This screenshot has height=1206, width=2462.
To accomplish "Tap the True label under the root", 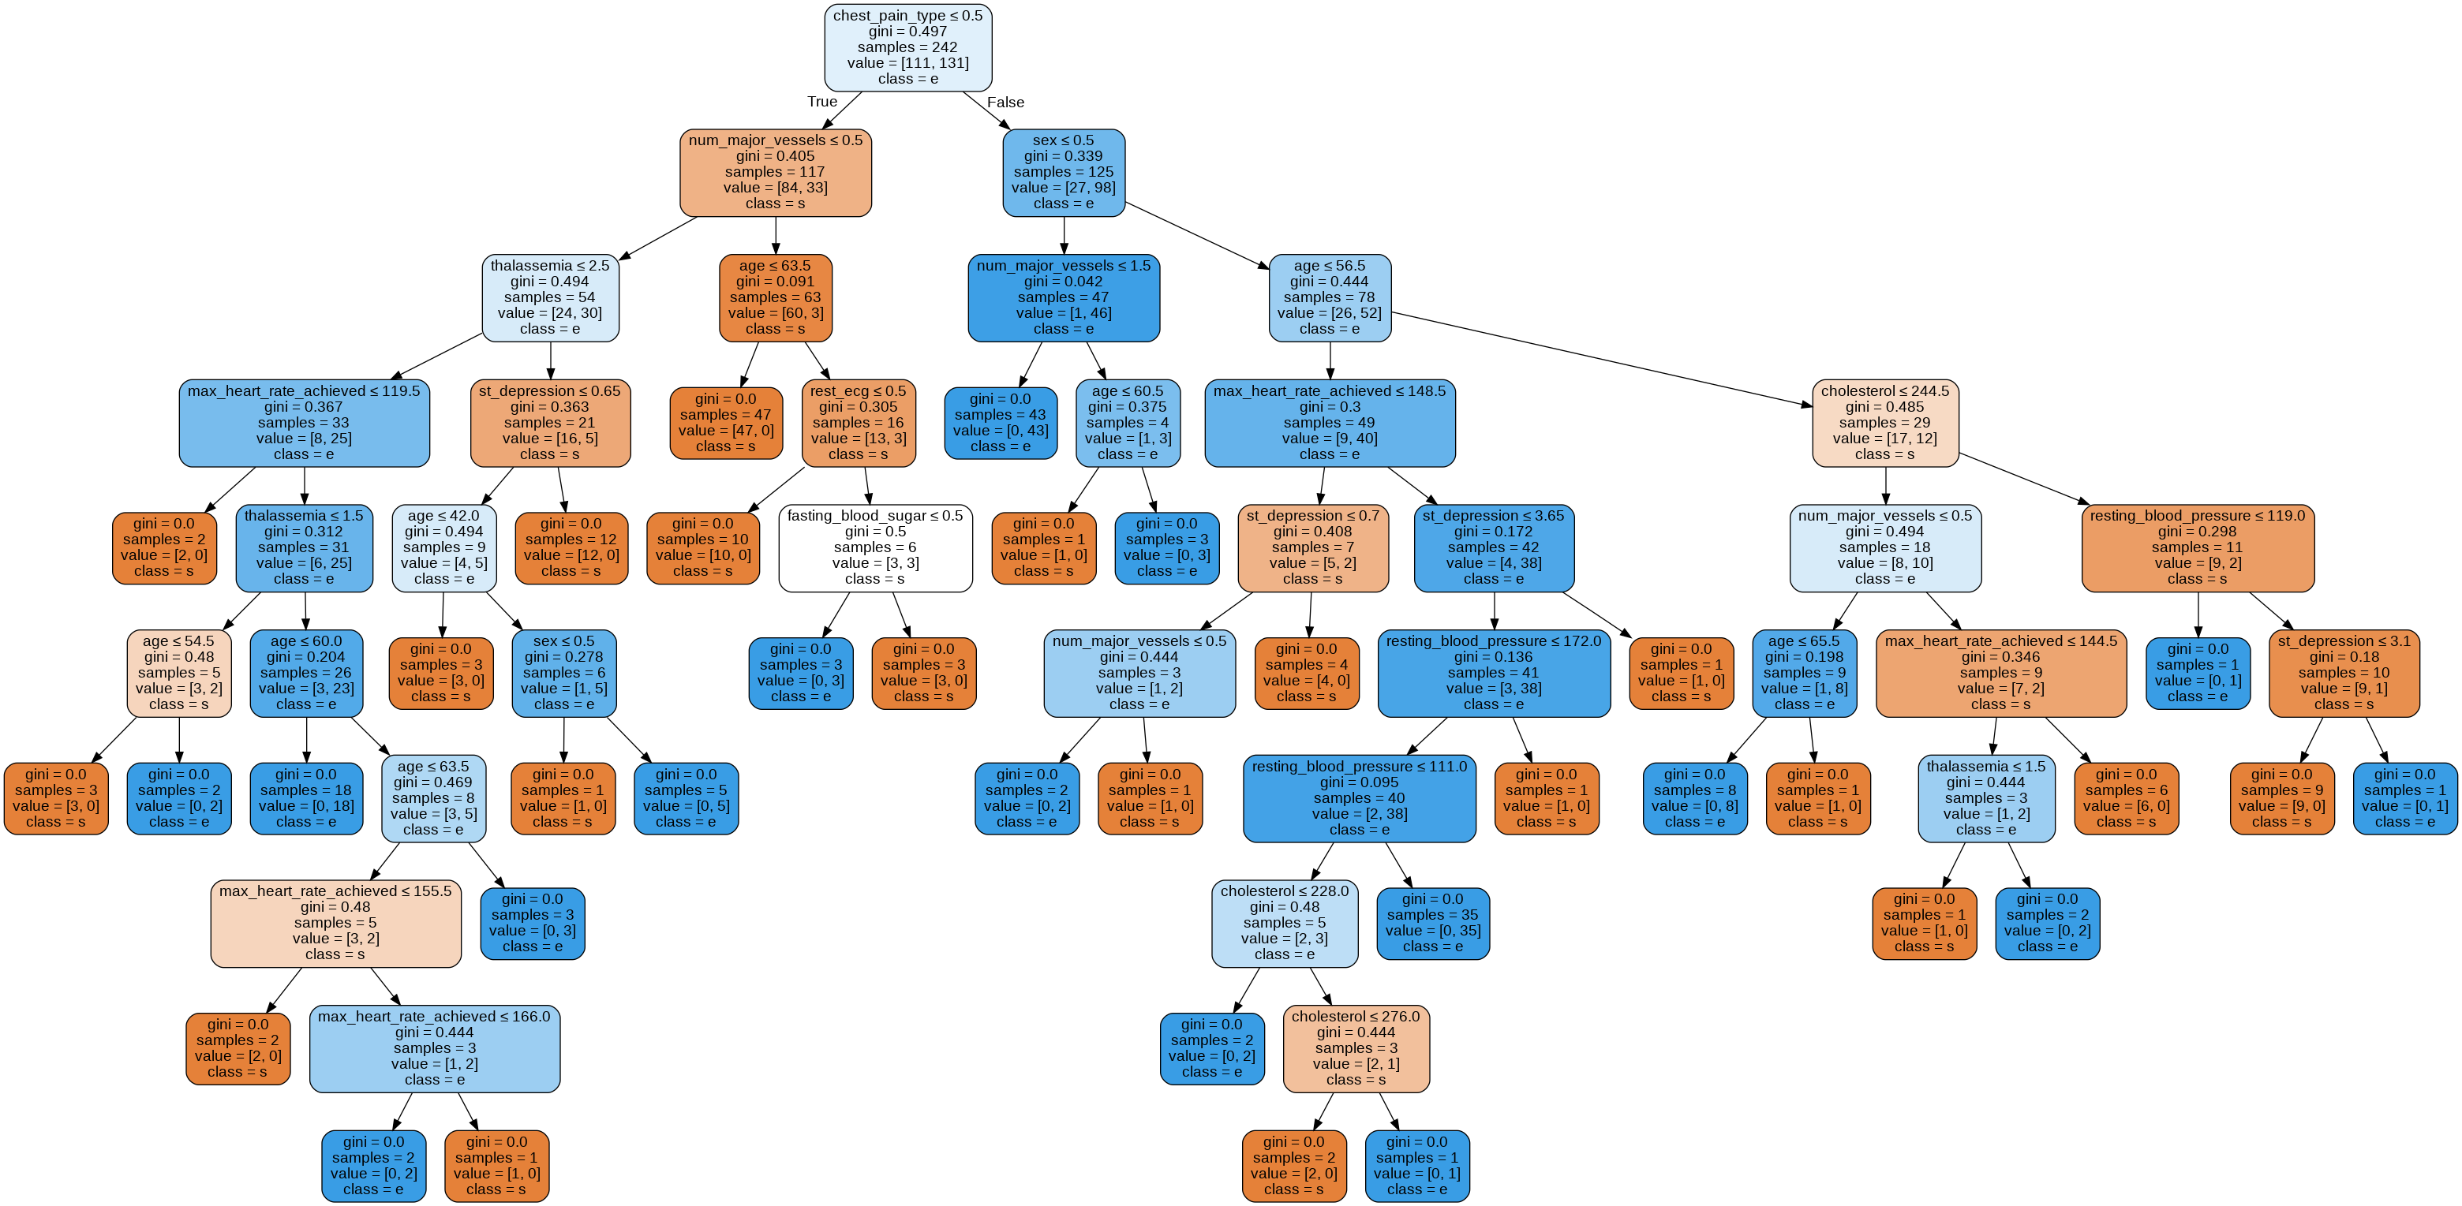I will pyautogui.click(x=822, y=101).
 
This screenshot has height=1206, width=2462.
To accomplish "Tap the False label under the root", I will pyautogui.click(x=1005, y=101).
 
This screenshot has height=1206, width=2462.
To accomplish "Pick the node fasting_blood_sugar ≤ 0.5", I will pyautogui.click(x=874, y=547).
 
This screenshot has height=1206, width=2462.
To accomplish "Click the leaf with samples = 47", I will pyautogui.click(x=725, y=423).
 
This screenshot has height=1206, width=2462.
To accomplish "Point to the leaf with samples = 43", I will pyautogui.click(x=1000, y=423).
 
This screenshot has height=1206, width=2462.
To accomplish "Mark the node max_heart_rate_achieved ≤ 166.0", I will pyautogui.click(x=434, y=1048).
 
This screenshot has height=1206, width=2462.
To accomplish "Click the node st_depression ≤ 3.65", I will pyautogui.click(x=1493, y=547).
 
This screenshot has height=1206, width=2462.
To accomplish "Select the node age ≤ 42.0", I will pyautogui.click(x=443, y=547).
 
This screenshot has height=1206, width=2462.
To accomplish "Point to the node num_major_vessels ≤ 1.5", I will pyautogui.click(x=1063, y=297).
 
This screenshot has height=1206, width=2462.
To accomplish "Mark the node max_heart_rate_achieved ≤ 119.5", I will pyautogui.click(x=303, y=423).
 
